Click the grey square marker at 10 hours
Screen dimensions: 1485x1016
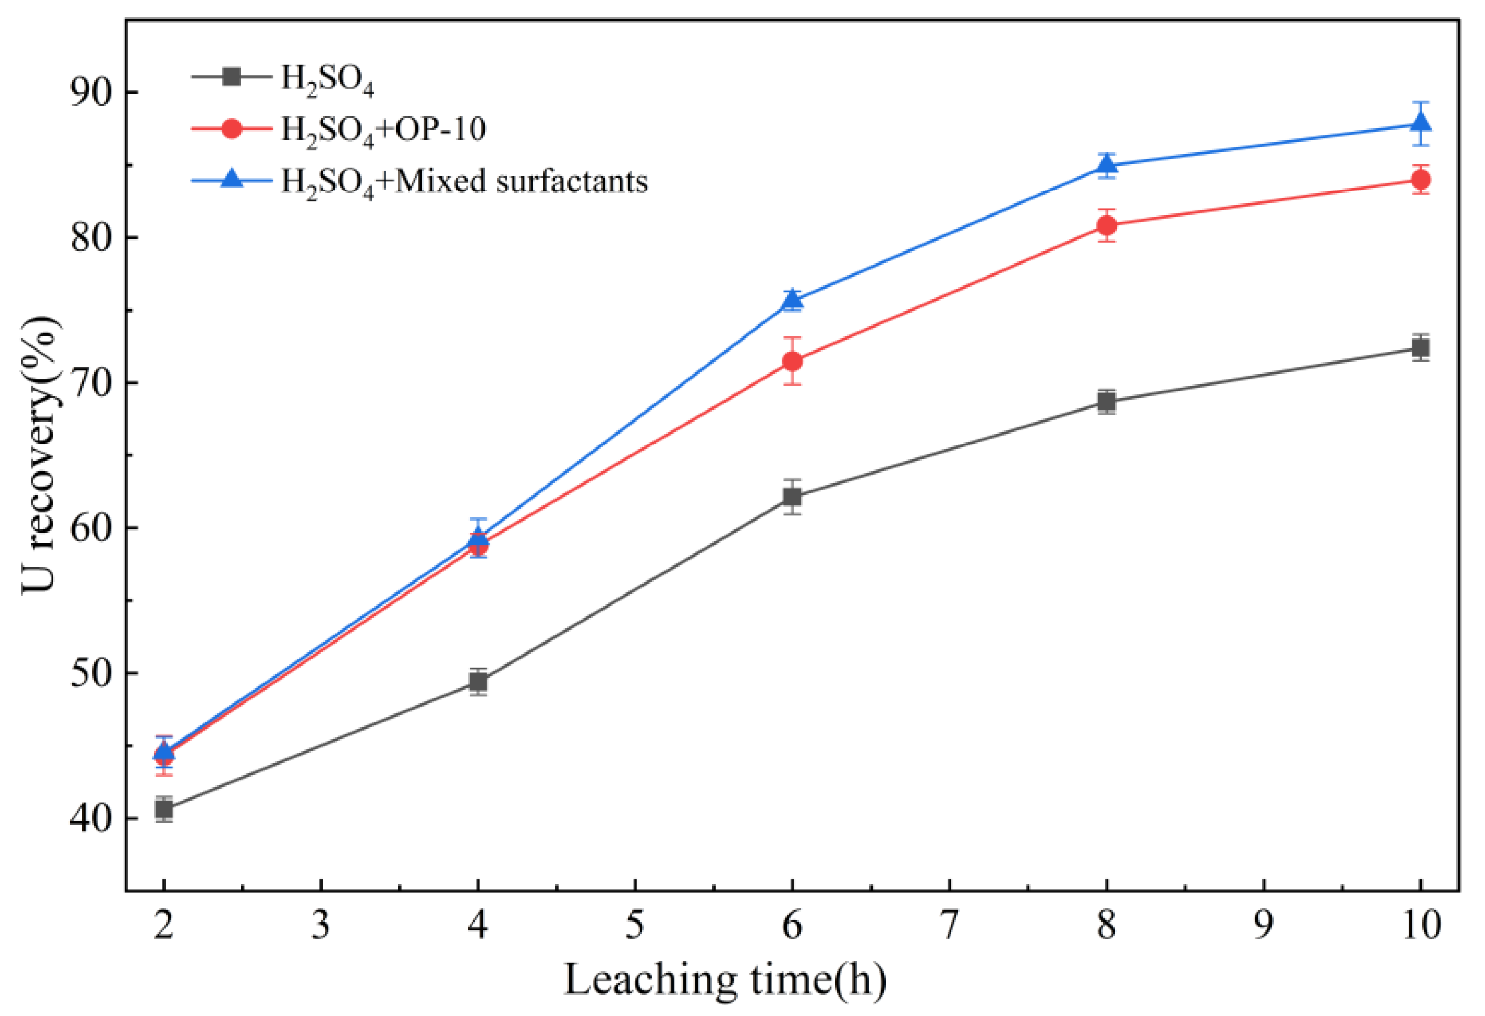tap(1420, 348)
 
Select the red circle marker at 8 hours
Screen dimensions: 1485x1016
tap(1107, 226)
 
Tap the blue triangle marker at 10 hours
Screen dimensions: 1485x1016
tap(1420, 122)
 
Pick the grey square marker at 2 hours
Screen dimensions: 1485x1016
tap(164, 809)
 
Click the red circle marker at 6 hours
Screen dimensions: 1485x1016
tap(792, 361)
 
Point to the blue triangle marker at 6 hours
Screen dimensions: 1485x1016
tap(792, 299)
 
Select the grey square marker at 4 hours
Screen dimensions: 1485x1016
tap(477, 682)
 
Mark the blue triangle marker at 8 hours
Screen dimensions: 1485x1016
tap(1107, 164)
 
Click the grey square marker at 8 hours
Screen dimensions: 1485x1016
tap(1107, 402)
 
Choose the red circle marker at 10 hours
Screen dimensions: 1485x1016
tap(1420, 180)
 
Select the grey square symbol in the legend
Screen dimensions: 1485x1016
tap(231, 77)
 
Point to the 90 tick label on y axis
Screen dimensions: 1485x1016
tap(91, 92)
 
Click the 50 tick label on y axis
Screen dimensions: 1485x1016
tap(91, 673)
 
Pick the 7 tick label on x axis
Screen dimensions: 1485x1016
tap(949, 925)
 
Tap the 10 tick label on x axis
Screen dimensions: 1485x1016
tap(1421, 925)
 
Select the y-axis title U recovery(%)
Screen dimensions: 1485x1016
tap(39, 455)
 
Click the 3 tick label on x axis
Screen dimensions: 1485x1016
tap(321, 925)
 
